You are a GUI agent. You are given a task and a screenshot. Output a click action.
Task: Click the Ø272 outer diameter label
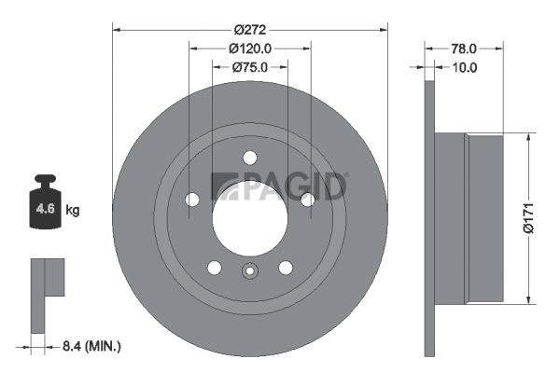point(250,30)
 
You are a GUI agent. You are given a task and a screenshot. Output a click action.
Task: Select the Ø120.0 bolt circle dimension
point(250,48)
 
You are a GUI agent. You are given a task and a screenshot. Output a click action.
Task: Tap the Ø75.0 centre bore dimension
point(250,67)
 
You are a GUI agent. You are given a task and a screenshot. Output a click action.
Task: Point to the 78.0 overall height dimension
point(464,48)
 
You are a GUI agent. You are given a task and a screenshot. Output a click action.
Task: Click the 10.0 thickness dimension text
point(464,67)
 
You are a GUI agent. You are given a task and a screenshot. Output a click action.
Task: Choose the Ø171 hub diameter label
point(528,218)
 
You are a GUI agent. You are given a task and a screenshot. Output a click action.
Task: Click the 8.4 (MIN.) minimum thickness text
point(91,346)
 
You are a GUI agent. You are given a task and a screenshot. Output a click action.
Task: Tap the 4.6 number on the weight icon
point(46,209)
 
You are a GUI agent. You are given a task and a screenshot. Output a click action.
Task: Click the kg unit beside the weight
point(73,210)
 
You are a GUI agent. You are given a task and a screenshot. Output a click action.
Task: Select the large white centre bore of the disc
point(250,218)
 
